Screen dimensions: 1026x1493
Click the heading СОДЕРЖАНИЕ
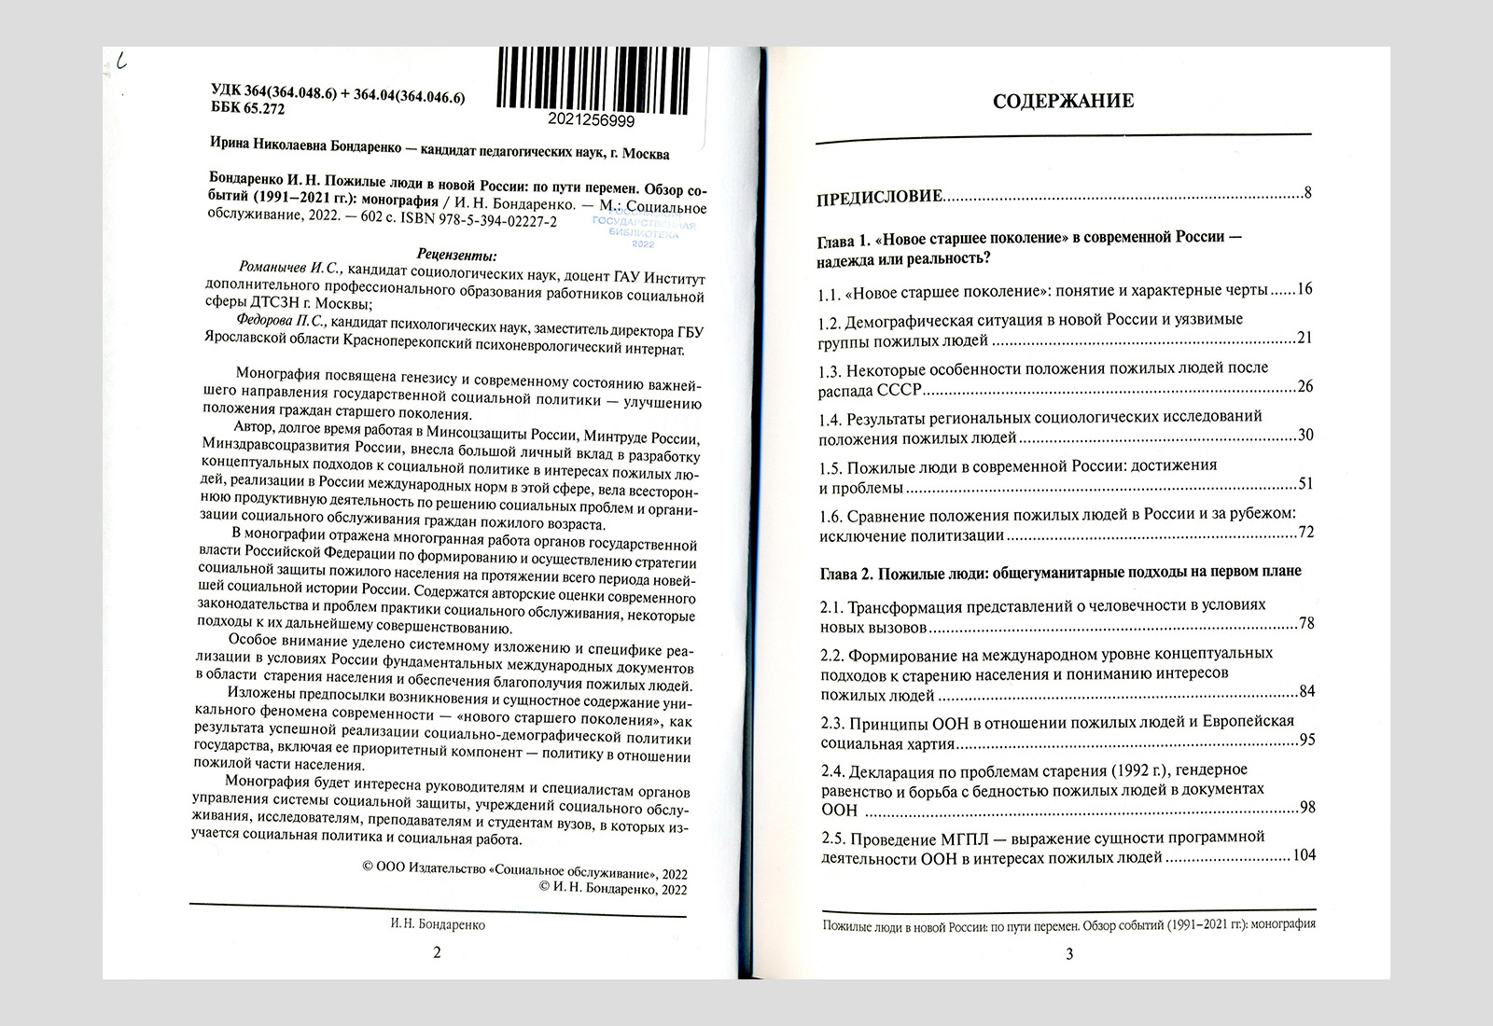pos(1063,101)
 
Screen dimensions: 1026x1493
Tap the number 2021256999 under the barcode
pos(593,122)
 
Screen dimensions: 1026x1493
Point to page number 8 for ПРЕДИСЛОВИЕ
pos(1308,194)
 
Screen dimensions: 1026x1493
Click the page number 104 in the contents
pos(1303,855)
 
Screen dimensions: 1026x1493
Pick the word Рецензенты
pos(457,254)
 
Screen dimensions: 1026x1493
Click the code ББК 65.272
pos(248,107)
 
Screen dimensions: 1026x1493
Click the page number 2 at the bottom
pos(437,952)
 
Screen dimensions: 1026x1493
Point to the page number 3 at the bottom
pos(1069,953)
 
